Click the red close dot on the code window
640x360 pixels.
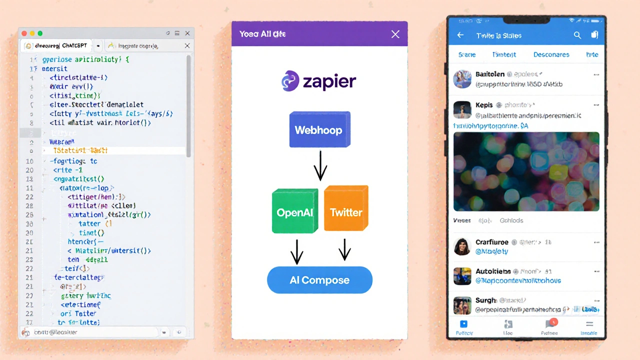(x=24, y=33)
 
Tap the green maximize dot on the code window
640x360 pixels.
(x=40, y=33)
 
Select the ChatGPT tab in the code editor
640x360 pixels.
(x=56, y=45)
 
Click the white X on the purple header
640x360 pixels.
(x=395, y=34)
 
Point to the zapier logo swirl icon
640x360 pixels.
(x=290, y=81)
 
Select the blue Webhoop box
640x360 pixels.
(x=319, y=130)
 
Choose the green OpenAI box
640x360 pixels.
(x=295, y=211)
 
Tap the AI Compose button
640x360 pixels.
(x=320, y=280)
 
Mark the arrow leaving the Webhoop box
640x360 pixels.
(x=320, y=166)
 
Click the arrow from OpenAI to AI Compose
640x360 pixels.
(x=297, y=251)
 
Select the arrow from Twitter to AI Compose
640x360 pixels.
(x=344, y=249)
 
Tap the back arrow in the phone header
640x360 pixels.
(x=460, y=35)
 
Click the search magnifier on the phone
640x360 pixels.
(x=577, y=35)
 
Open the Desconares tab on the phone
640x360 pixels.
(x=551, y=54)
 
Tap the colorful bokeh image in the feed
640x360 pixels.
(x=526, y=171)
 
